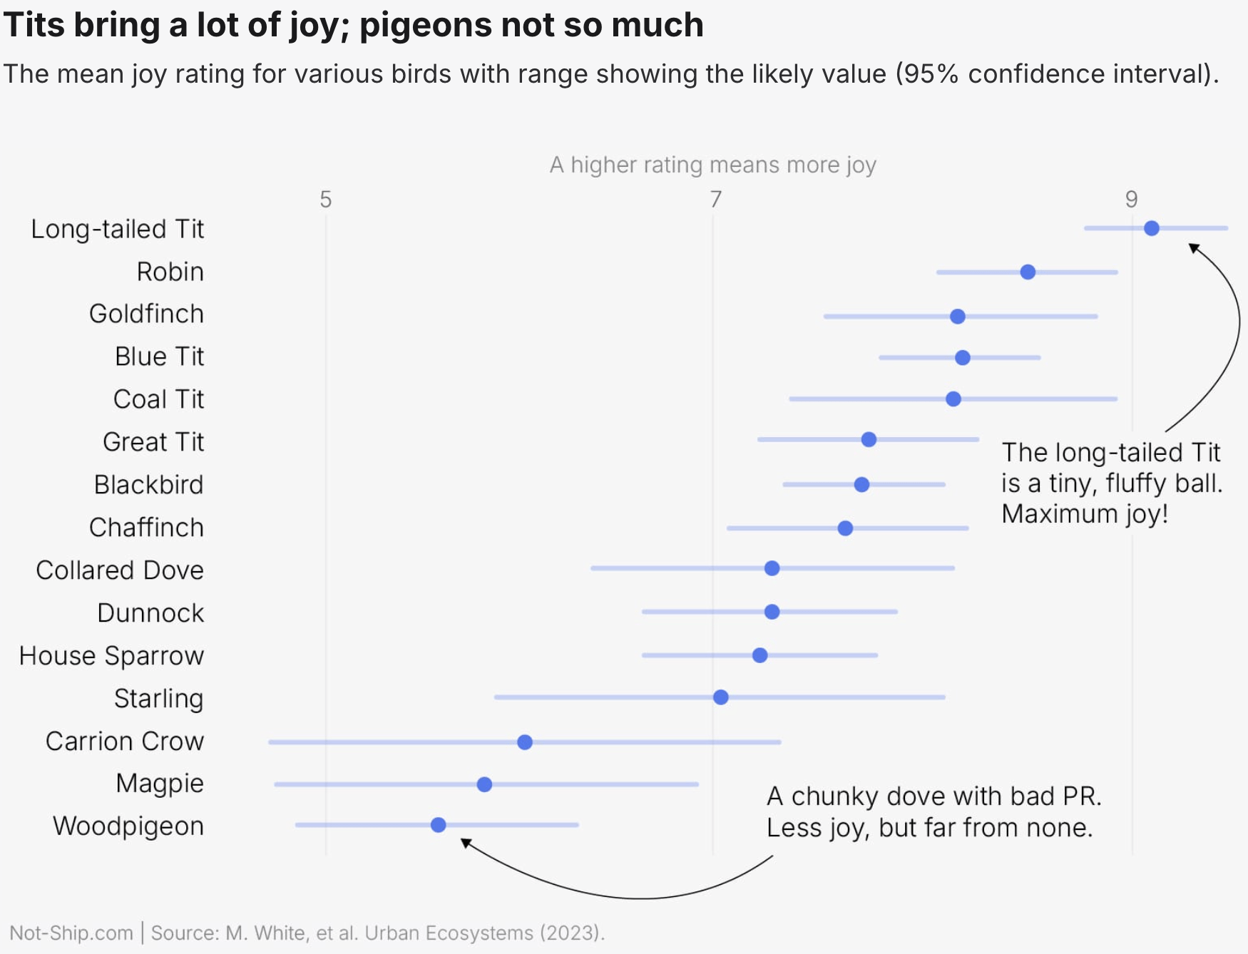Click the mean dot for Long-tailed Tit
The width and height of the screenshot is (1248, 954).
(x=1151, y=228)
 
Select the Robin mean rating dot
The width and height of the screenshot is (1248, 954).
(x=1027, y=272)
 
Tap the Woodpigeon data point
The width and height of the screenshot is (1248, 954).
(x=438, y=825)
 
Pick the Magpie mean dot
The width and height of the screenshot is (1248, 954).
(x=484, y=784)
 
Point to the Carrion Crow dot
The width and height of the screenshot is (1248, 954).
(x=524, y=742)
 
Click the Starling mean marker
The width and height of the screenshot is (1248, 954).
(x=720, y=697)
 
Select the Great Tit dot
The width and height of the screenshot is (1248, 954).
(x=868, y=439)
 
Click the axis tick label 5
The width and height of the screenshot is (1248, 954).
(x=325, y=200)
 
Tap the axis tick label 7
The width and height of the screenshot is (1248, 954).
(x=715, y=200)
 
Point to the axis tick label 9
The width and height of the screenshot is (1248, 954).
(x=1131, y=200)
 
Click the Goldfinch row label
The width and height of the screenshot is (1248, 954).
(x=146, y=314)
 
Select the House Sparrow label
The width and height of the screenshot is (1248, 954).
(x=111, y=656)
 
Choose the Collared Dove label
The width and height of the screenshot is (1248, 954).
(x=120, y=570)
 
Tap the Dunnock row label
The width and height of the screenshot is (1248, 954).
(x=150, y=613)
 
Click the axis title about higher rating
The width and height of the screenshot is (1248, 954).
(x=712, y=165)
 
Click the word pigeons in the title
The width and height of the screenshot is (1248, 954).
(x=425, y=26)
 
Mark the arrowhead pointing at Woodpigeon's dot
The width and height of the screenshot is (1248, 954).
(x=465, y=843)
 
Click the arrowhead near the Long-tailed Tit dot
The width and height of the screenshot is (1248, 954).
(x=1193, y=247)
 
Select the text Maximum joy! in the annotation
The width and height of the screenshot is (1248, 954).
(x=1084, y=514)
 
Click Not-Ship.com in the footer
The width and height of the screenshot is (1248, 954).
(x=71, y=933)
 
